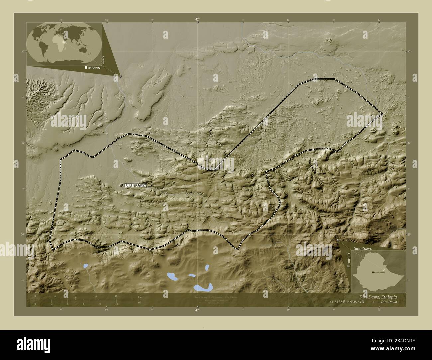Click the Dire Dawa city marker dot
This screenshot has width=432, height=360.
[122, 185]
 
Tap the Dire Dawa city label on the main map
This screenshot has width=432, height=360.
[135, 185]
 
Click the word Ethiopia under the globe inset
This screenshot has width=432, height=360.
[92, 67]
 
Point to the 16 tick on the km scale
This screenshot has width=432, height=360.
[116, 296]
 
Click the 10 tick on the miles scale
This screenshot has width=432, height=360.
[116, 304]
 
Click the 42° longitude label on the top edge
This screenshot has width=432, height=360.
[197, 20]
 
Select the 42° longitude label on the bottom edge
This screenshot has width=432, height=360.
[197, 310]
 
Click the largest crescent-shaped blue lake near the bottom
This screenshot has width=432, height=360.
[203, 287]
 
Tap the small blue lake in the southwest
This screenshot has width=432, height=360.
[86, 266]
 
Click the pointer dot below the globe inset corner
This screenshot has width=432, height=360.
[120, 76]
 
